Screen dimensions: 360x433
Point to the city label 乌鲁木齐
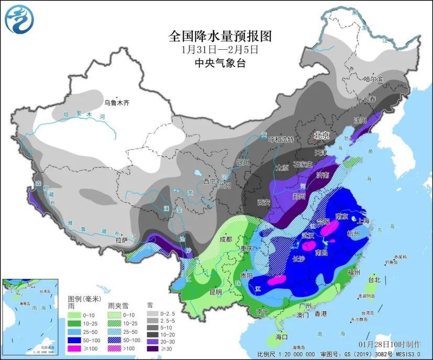tap(116, 103)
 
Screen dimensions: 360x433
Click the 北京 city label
tap(321, 135)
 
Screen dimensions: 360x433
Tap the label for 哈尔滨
tap(373, 79)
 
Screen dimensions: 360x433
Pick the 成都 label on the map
tap(226, 239)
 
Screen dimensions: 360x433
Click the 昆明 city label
tap(215, 291)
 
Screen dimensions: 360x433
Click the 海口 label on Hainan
tap(282, 337)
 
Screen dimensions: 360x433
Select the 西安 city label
tap(263, 201)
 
